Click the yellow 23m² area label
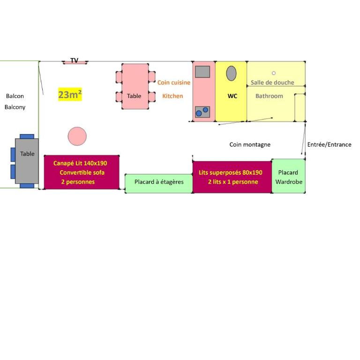[x=70, y=94]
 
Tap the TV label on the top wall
[x=75, y=60]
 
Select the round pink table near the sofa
[x=77, y=136]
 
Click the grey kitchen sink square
[x=202, y=72]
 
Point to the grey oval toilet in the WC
[x=231, y=73]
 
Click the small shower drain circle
[x=274, y=73]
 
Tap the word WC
[x=232, y=96]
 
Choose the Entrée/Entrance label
[x=329, y=144]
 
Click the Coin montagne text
[x=250, y=145]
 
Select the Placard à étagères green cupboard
[x=159, y=183]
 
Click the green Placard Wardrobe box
[x=289, y=176]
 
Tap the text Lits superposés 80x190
[x=231, y=172]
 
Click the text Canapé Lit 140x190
[x=80, y=163]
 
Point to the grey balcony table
[x=27, y=161]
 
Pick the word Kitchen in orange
[x=172, y=96]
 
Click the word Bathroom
[x=270, y=96]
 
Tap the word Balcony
[x=15, y=107]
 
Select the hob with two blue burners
[x=202, y=112]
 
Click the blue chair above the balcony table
[x=27, y=136]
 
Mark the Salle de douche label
[x=272, y=82]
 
